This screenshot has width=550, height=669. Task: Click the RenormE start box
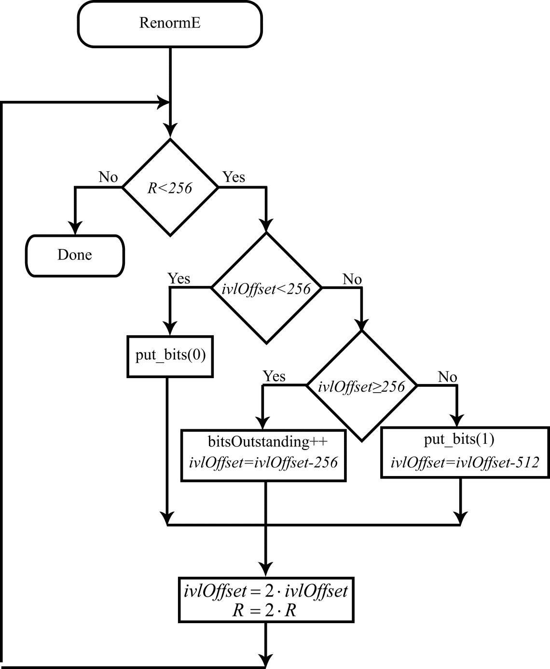[169, 24]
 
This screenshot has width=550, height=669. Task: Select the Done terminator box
[75, 255]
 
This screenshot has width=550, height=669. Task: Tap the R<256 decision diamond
[170, 188]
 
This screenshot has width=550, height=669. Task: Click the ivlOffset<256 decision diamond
[266, 288]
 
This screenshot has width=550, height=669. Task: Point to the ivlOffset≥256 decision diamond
[362, 386]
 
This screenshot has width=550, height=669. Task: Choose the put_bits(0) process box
[170, 356]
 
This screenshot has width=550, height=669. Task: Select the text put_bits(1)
[459, 439]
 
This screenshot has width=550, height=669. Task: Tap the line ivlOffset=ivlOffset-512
[464, 463]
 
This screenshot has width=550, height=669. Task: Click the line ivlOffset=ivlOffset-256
[263, 463]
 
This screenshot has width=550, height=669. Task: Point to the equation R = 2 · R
[264, 611]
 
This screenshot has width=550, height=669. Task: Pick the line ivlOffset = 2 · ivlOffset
[266, 591]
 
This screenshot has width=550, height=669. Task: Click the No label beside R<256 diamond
[108, 177]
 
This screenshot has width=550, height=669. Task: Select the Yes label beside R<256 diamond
[234, 177]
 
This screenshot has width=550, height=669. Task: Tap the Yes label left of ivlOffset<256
[179, 278]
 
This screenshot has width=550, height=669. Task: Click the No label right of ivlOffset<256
[352, 279]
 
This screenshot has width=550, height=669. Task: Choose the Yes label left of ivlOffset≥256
[274, 376]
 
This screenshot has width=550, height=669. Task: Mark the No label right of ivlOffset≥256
[447, 377]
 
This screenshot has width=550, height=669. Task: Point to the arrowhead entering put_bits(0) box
[169, 328]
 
